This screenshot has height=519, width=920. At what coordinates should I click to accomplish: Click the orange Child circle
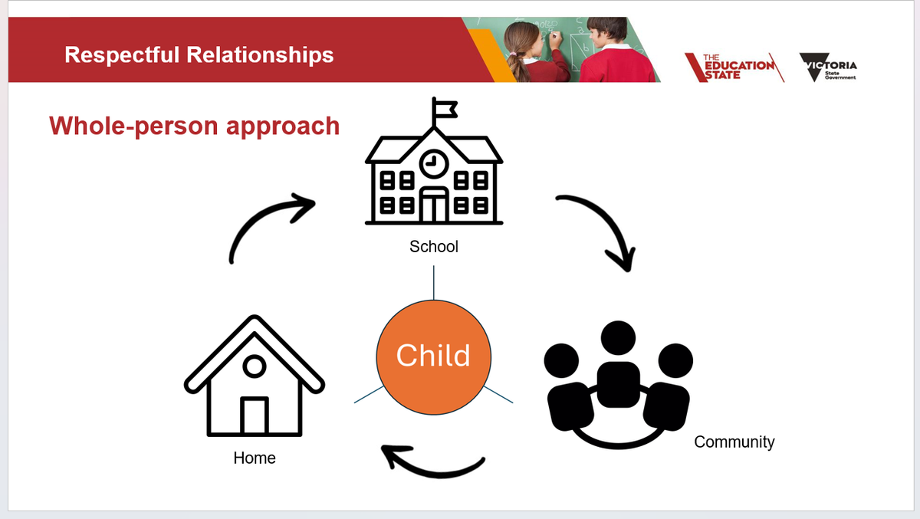pos(433,357)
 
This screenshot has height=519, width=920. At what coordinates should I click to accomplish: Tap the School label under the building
pos(434,247)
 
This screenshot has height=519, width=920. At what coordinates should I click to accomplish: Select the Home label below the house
pos(255,458)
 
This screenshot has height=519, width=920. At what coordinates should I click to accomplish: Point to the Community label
pos(734,442)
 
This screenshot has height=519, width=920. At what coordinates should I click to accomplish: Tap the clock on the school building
pos(434,164)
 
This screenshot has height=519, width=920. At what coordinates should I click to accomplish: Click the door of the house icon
pos(255,416)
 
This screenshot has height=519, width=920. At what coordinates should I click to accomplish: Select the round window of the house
pos(255,366)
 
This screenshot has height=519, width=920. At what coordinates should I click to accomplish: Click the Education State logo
pos(734,67)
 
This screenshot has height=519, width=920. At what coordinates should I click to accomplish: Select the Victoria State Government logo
pos(828,67)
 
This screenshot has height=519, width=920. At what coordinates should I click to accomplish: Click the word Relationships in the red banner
pos(260,55)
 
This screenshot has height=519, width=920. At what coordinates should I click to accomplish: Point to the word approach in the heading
pos(283,126)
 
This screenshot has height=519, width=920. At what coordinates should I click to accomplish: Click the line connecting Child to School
pos(434,282)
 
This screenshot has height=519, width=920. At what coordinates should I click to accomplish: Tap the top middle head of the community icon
pos(618,338)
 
